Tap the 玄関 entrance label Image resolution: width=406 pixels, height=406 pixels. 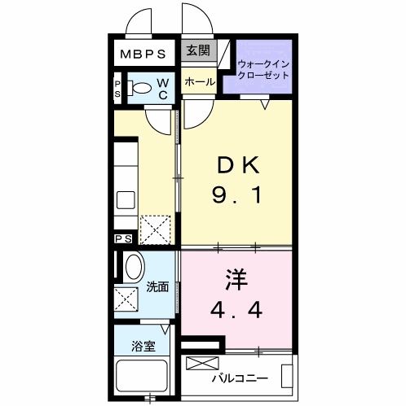coord(197,50)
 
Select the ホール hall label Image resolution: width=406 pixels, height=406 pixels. coord(199,82)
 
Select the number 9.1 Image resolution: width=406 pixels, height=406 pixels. coord(236,195)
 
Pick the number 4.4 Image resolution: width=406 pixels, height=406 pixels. coord(236,310)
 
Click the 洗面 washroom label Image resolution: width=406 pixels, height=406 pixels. coord(158,286)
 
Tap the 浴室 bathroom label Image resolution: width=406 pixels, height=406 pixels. coord(143,347)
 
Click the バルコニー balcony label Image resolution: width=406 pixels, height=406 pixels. coord(240,378)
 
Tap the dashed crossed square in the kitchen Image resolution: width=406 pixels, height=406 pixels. coord(154,229)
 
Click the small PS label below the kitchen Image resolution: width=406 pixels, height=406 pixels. coord(123,239)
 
